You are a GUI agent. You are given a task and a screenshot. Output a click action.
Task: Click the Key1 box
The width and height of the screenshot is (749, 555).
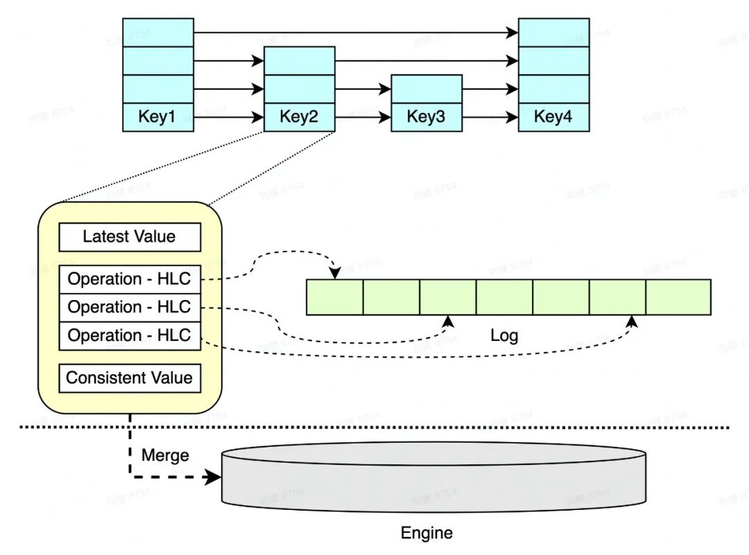click(157, 116)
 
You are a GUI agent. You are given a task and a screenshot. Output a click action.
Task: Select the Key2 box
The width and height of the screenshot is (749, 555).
click(299, 116)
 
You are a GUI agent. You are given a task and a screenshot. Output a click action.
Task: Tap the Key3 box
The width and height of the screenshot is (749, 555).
click(426, 116)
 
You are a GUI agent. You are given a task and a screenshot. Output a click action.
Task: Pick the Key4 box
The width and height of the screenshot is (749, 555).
click(553, 116)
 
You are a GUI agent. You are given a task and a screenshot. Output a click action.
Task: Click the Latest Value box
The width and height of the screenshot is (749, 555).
click(130, 237)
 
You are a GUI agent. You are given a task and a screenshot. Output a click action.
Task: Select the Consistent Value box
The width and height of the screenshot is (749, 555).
click(130, 378)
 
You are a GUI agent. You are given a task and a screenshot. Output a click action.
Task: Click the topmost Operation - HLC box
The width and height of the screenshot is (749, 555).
click(130, 279)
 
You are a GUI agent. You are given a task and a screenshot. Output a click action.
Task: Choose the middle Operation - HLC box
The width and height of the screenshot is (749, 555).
click(130, 307)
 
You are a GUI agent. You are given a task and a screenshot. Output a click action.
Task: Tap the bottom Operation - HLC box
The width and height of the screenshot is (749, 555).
click(130, 335)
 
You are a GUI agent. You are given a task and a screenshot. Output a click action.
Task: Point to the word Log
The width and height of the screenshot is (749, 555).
click(504, 336)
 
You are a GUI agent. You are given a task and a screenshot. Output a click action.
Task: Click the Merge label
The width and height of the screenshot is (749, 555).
click(165, 455)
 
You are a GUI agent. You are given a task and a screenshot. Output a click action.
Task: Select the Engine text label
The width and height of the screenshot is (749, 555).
click(427, 533)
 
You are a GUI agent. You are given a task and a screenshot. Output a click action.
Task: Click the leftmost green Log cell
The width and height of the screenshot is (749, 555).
click(334, 297)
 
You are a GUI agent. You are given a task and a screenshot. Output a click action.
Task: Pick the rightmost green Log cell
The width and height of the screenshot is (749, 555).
click(678, 297)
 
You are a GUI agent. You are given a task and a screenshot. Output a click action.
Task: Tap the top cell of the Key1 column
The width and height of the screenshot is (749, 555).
click(157, 32)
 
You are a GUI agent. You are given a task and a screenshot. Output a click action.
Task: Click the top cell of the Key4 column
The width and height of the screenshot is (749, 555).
click(553, 32)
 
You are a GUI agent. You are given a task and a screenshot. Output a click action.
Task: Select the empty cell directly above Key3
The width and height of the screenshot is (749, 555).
click(426, 89)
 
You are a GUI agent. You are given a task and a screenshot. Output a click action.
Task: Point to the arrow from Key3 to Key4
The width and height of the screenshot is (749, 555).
click(490, 117)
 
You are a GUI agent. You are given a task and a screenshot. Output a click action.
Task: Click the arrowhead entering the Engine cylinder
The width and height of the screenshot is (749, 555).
click(214, 477)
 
